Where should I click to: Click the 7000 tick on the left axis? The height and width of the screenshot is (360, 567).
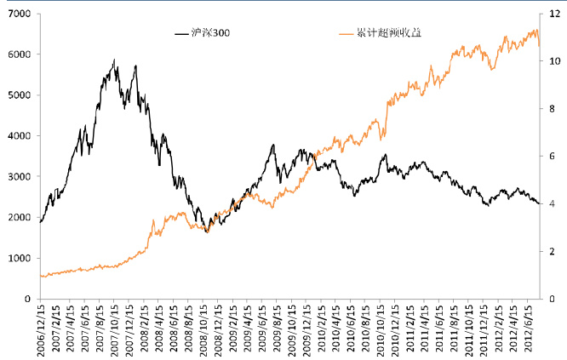pyautogui.click(x=20, y=14)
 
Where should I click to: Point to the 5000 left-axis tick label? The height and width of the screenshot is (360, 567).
pyautogui.click(x=20, y=95)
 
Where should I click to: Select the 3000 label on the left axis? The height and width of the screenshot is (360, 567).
pyautogui.click(x=20, y=177)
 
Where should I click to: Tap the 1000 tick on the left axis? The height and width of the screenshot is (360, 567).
pyautogui.click(x=20, y=258)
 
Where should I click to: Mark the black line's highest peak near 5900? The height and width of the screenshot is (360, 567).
pyautogui.click(x=114, y=60)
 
